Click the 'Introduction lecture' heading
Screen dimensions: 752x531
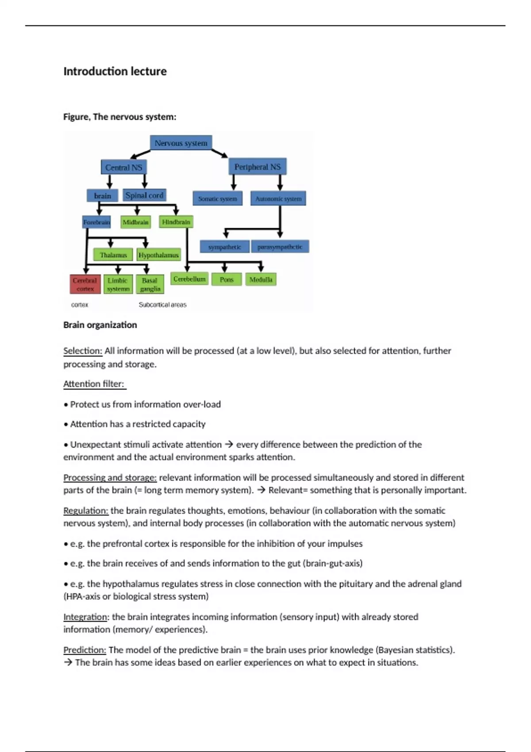point(115,71)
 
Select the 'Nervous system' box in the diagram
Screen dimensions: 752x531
point(181,143)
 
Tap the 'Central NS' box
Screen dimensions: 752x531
point(124,167)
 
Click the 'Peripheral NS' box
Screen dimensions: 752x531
point(258,167)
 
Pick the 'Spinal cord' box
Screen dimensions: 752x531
point(144,195)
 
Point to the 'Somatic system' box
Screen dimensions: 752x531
point(217,199)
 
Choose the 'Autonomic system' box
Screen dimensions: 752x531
point(278,199)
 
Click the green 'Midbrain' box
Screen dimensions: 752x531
point(135,222)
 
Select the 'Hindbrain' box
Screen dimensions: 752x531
point(176,222)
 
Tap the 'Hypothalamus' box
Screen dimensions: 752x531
point(158,255)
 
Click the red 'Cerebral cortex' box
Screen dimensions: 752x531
point(85,284)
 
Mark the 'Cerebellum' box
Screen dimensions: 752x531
point(189,279)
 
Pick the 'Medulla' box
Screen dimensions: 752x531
point(261,279)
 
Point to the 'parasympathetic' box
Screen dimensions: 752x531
point(280,246)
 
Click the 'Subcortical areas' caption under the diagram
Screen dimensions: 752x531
point(162,305)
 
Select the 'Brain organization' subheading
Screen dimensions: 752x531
point(100,325)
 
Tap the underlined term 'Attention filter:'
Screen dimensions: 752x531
point(94,384)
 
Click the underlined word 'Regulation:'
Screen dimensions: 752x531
point(86,510)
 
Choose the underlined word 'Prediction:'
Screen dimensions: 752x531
point(85,650)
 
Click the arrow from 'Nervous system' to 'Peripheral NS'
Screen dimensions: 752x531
point(219,153)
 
